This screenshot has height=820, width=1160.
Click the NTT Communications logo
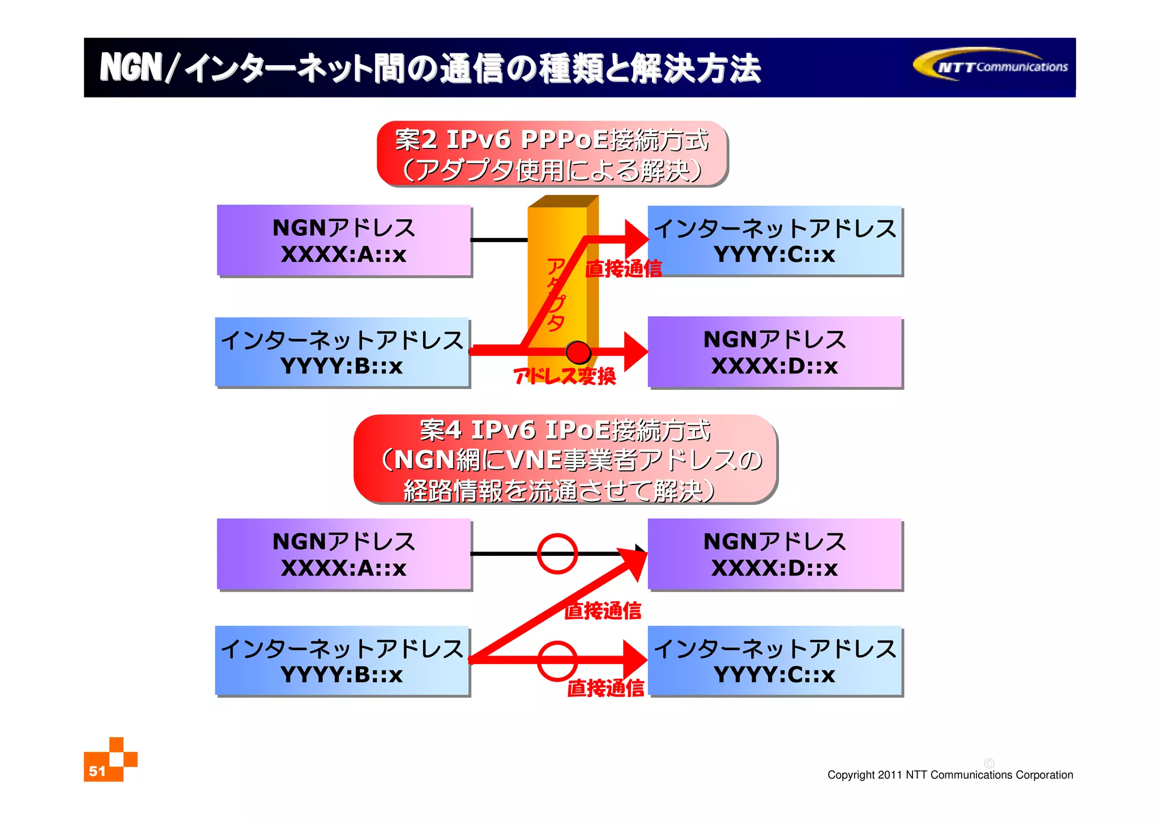pyautogui.click(x=991, y=66)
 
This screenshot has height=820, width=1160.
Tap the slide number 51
pyautogui.click(x=97, y=771)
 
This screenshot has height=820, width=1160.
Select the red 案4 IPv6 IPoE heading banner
pyautogui.click(x=565, y=460)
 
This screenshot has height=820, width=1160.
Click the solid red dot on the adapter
pyautogui.click(x=578, y=352)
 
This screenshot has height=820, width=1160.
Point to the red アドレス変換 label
pyautogui.click(x=564, y=376)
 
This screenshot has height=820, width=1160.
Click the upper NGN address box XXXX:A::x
pyautogui.click(x=344, y=241)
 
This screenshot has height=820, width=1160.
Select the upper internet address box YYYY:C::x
pyautogui.click(x=775, y=241)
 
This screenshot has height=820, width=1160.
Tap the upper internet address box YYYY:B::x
pyautogui.click(x=342, y=352)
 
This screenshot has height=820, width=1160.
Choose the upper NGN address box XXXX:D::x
pyautogui.click(x=775, y=352)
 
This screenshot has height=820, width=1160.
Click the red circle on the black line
pyautogui.click(x=557, y=553)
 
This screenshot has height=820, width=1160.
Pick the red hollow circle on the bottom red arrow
pyautogui.click(x=557, y=660)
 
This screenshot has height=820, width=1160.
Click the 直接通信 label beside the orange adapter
pyautogui.click(x=624, y=269)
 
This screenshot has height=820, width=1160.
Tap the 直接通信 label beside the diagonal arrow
pyautogui.click(x=603, y=610)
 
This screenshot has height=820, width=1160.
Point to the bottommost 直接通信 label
pyautogui.click(x=605, y=688)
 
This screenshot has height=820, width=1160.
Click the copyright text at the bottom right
pyautogui.click(x=950, y=775)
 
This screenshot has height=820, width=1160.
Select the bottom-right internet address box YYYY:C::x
pyautogui.click(x=775, y=661)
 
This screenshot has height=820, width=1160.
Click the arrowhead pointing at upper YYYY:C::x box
pyautogui.click(x=636, y=239)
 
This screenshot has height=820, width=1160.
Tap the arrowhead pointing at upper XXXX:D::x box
pyautogui.click(x=636, y=351)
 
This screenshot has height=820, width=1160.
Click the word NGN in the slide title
pyautogui.click(x=131, y=68)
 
